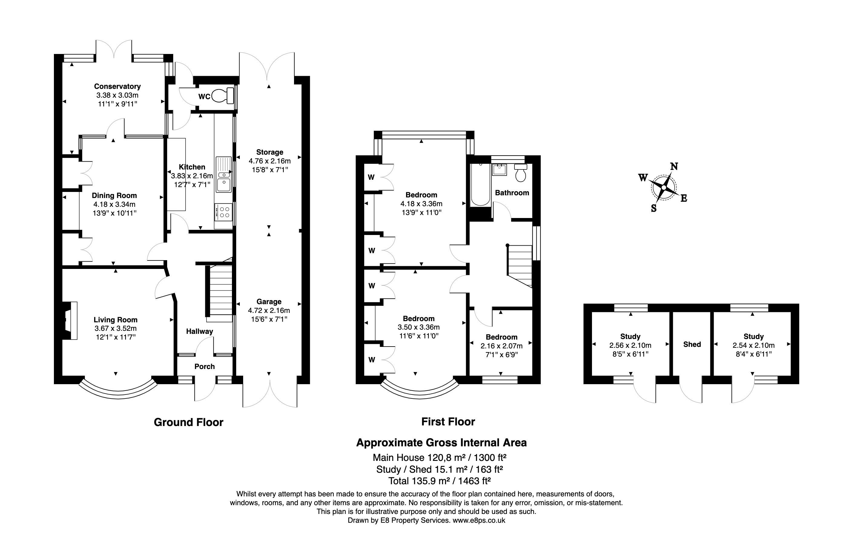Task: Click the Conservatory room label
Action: pos(117,86)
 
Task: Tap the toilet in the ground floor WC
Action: pos(223,96)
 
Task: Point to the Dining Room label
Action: pos(114,196)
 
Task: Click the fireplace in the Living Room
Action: pos(70,320)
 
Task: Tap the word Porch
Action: pos(205,366)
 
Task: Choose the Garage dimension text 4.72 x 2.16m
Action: pos(269,310)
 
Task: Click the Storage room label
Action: pos(269,152)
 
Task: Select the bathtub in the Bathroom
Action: pos(480,185)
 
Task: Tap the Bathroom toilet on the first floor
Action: pos(521,172)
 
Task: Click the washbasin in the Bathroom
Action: pos(499,170)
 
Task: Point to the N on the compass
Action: pos(674,166)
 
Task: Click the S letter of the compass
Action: pos(654,209)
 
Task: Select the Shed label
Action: pos(692,344)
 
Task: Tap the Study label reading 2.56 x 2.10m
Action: pos(630,345)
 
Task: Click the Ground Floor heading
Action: pos(189,422)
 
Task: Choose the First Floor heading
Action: pos(448,422)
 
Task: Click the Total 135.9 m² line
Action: pos(439,481)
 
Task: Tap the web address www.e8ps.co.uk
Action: pos(479,520)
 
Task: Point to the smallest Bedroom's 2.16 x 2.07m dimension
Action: pos(501,346)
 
